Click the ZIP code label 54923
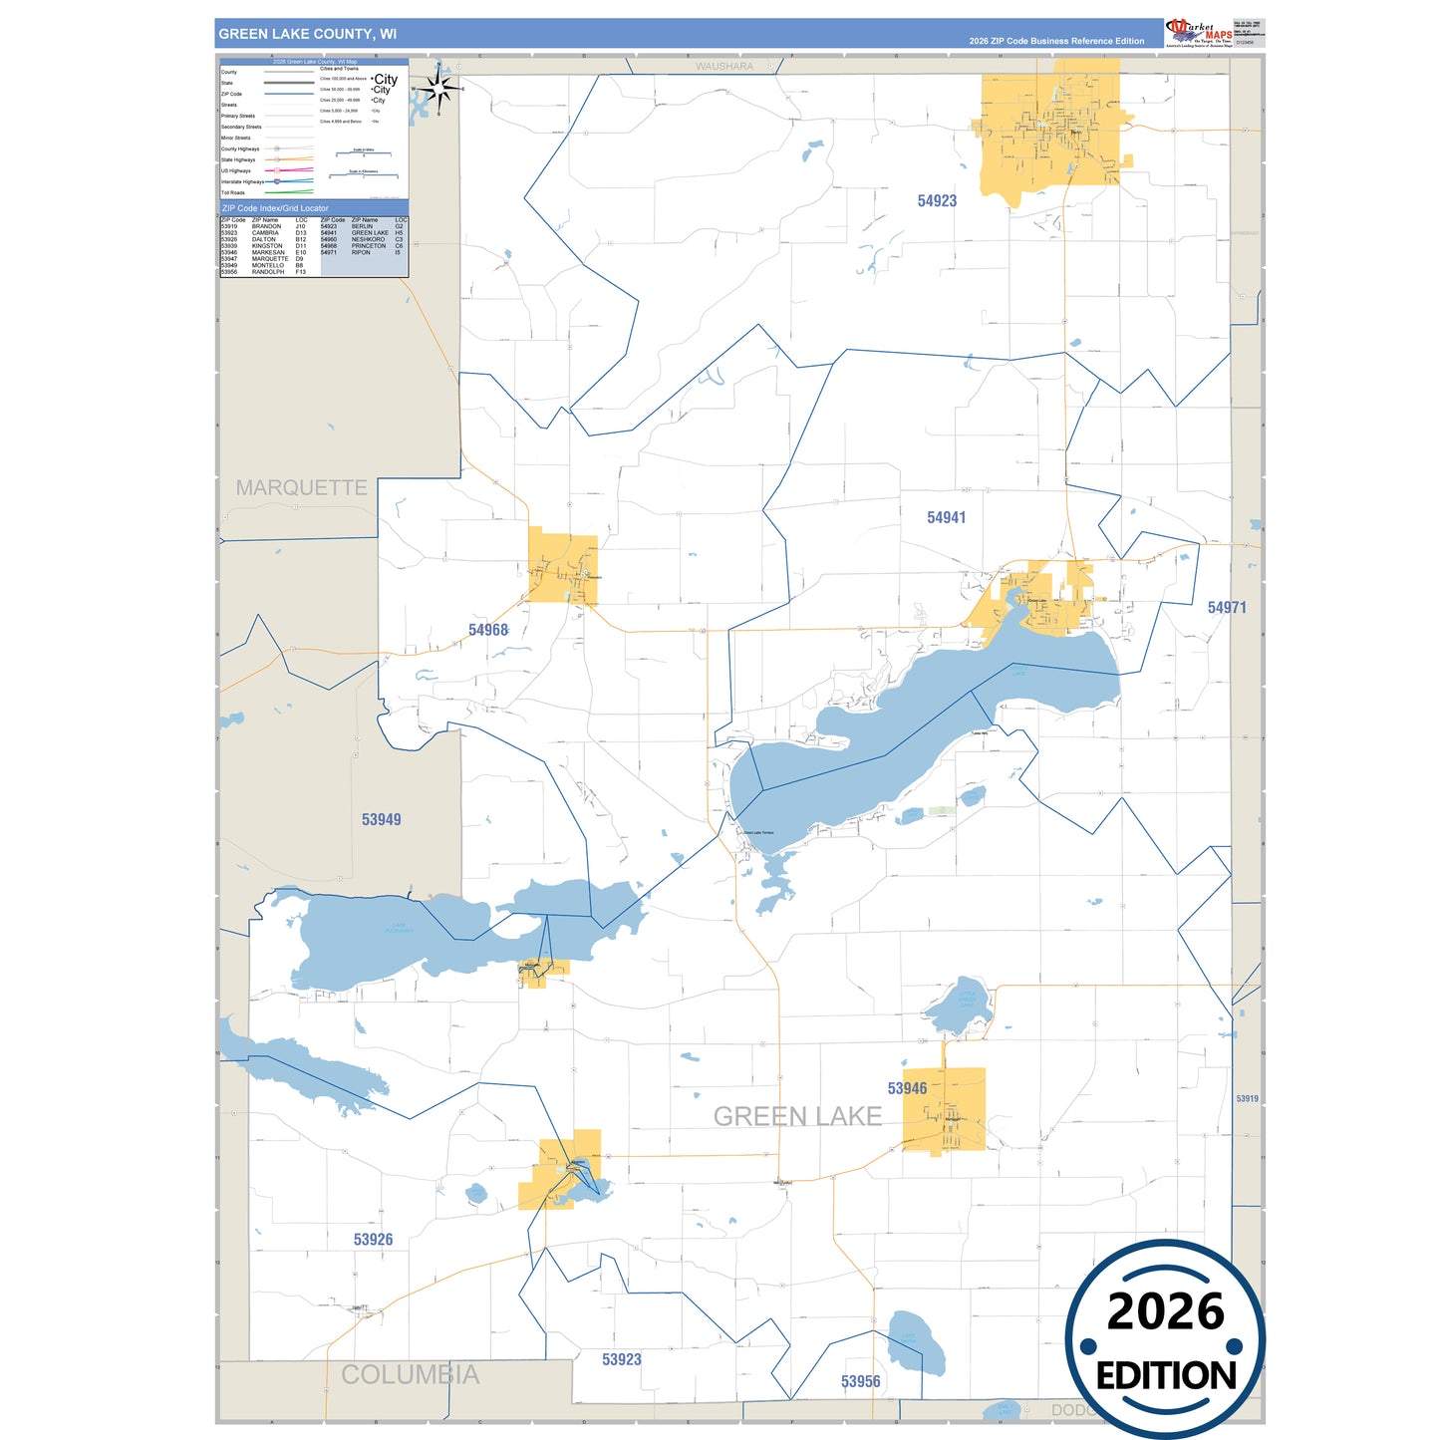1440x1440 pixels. click(x=937, y=201)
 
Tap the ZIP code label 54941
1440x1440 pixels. click(x=946, y=518)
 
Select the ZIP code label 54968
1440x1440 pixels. click(x=488, y=630)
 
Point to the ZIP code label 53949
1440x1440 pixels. click(x=381, y=820)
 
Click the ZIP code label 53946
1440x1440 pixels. click(x=907, y=1088)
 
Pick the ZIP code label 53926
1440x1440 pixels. click(x=373, y=1240)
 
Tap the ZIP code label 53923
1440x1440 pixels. click(x=622, y=1359)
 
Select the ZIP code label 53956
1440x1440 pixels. click(x=860, y=1381)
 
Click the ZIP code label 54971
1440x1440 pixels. click(x=1227, y=608)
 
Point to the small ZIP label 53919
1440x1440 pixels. click(x=1247, y=1099)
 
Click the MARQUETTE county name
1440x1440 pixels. click(x=301, y=488)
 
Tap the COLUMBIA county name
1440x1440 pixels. click(x=410, y=1375)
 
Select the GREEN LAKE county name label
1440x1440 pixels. click(x=797, y=1117)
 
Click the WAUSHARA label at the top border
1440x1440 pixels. click(x=724, y=67)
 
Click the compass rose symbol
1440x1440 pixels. click(x=438, y=90)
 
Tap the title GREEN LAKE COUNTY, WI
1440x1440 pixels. click(x=307, y=34)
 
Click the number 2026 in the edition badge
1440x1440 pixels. click(x=1165, y=1311)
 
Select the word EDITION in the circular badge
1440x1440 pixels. click(x=1166, y=1376)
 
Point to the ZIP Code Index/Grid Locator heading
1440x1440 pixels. click(x=275, y=208)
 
